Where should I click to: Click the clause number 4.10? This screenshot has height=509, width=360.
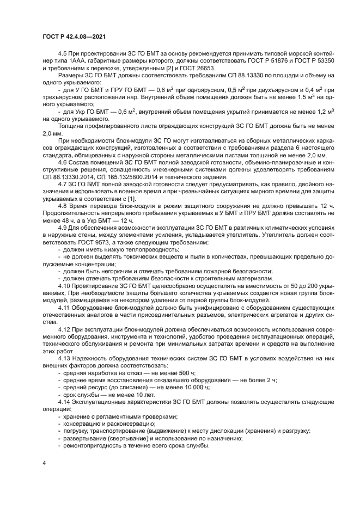[65, 285]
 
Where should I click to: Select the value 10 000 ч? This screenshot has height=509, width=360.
[185, 387]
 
